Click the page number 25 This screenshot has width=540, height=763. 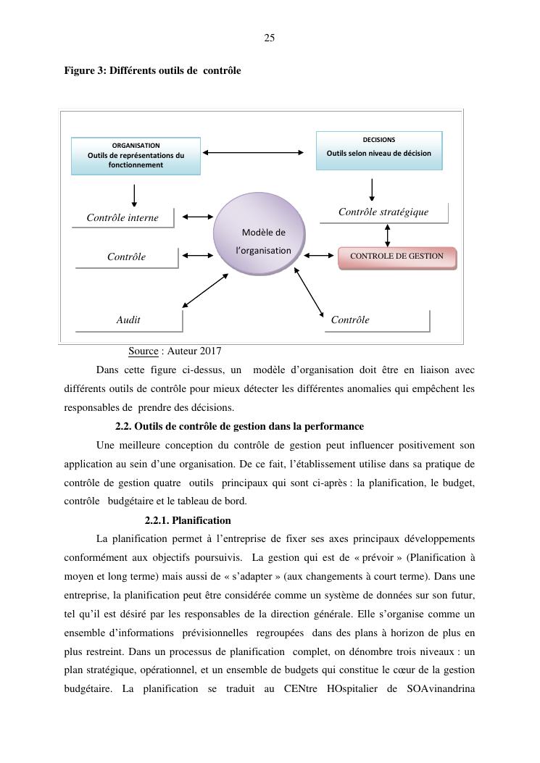pyautogui.click(x=269, y=38)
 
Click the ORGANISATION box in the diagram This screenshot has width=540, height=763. pyautogui.click(x=136, y=156)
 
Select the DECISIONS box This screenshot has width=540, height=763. pyautogui.click(x=378, y=150)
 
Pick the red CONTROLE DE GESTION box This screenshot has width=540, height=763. pyautogui.click(x=396, y=257)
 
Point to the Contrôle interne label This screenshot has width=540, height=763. pyautogui.click(x=122, y=217)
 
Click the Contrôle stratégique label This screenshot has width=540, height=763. pyautogui.click(x=383, y=212)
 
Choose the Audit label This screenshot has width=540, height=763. pyautogui.click(x=128, y=320)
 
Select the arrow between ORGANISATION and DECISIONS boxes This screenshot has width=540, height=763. pyautogui.click(x=253, y=152)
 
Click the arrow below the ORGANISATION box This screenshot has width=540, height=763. pyautogui.click(x=134, y=195)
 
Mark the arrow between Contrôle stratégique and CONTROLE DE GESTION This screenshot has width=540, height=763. pyautogui.click(x=387, y=235)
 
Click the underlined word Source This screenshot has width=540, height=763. pyautogui.click(x=144, y=351)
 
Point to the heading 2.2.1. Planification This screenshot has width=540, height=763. pyautogui.click(x=188, y=520)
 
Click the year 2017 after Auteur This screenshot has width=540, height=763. pyautogui.click(x=209, y=351)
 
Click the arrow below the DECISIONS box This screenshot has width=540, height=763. pyautogui.click(x=372, y=189)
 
